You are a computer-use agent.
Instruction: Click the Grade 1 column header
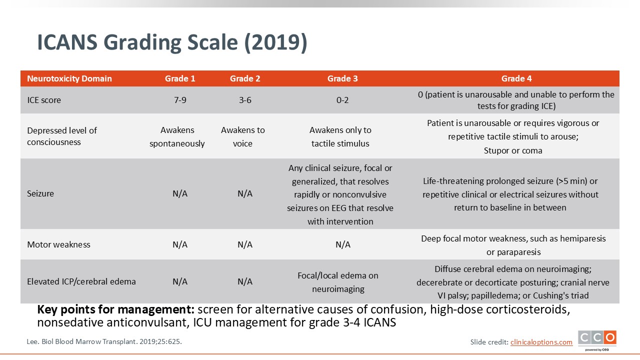coord(180,78)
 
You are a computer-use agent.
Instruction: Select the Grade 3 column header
coord(342,78)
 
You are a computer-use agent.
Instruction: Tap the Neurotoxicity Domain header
coord(69,78)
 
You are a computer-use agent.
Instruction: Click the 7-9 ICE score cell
coord(180,100)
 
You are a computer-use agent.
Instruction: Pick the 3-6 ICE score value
coord(245,100)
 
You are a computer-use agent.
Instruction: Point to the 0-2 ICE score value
coord(342,100)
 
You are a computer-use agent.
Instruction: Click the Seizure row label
coord(40,193)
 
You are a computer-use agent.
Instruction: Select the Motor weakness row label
coord(58,244)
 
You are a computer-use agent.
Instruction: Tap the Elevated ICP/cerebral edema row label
coord(81,281)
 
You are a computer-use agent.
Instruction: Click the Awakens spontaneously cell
coord(177,136)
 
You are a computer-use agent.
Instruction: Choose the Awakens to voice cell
coord(243,136)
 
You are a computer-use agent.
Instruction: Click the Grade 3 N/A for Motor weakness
coord(343,244)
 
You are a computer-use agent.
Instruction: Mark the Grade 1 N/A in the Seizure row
coord(180,193)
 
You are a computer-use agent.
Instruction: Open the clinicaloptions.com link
coord(541,342)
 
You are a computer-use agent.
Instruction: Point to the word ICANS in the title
coord(67,42)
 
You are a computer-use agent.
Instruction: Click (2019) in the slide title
coord(275,42)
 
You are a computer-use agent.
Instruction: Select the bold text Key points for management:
coord(115,310)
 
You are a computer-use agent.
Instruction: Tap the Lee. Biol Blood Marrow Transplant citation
coord(104,341)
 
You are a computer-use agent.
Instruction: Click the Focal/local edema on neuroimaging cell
coord(338,282)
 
